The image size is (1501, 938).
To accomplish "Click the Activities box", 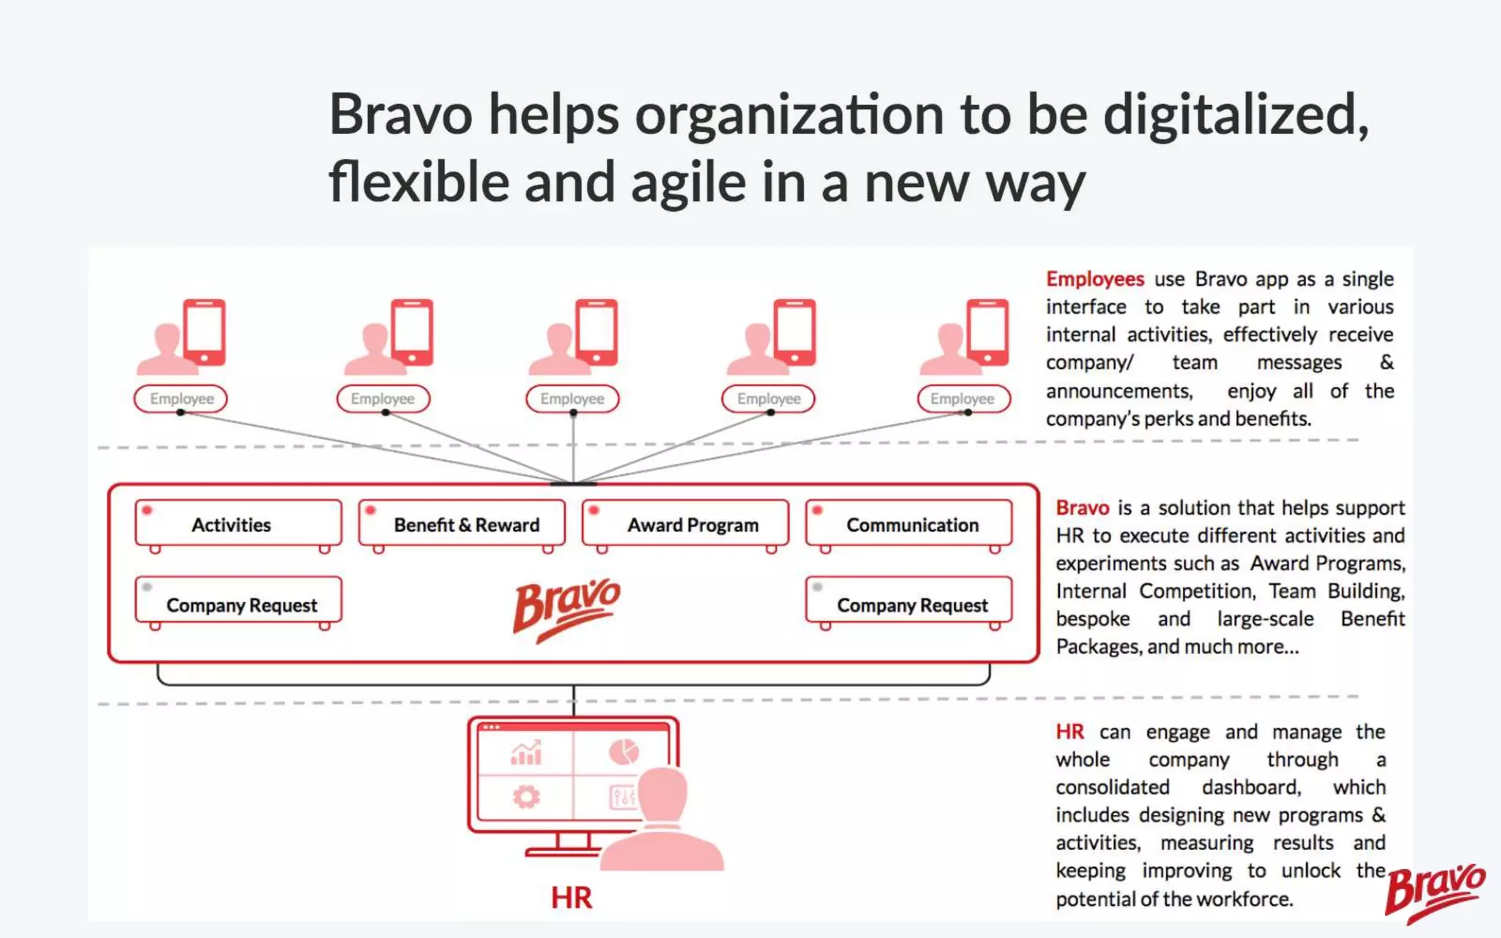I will pyautogui.click(x=238, y=525).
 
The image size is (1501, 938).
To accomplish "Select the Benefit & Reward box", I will pyautogui.click(x=462, y=525).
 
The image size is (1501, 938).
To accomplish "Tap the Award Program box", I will pyautogui.click(x=685, y=525).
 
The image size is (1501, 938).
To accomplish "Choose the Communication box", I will pyautogui.click(x=909, y=525).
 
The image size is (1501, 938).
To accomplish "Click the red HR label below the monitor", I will pyautogui.click(x=571, y=898).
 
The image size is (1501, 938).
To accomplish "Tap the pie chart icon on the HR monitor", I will pyautogui.click(x=624, y=752).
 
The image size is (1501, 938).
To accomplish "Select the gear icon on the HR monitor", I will pyautogui.click(x=525, y=797).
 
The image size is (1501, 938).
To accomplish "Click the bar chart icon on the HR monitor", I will pyautogui.click(x=525, y=753).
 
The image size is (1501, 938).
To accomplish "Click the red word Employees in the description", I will pyautogui.click(x=1094, y=279).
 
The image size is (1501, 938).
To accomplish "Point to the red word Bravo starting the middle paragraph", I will pyautogui.click(x=1082, y=508).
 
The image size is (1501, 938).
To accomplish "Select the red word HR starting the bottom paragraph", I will pyautogui.click(x=1069, y=732).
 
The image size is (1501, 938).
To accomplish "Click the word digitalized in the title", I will pyautogui.click(x=1235, y=115).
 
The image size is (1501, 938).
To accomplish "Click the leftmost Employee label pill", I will pyautogui.click(x=181, y=399).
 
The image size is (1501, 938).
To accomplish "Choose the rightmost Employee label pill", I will pyautogui.click(x=963, y=399).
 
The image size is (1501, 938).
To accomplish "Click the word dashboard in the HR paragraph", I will pyautogui.click(x=1251, y=787).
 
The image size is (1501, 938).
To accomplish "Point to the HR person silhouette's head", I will pyautogui.click(x=663, y=794).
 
